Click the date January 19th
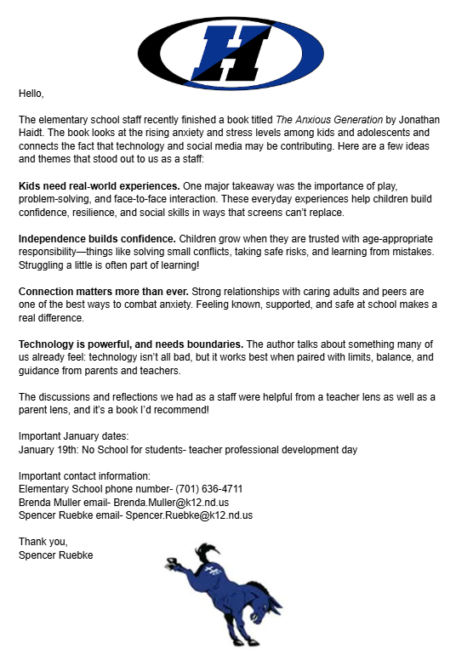(x=48, y=449)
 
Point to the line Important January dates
(x=74, y=436)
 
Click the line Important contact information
(x=84, y=475)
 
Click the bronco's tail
(x=175, y=553)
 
